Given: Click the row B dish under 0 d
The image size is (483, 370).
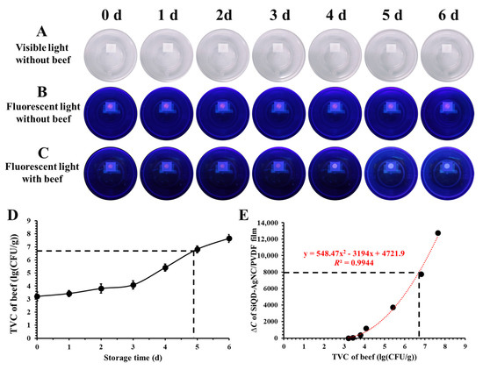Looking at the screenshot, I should click(113, 112).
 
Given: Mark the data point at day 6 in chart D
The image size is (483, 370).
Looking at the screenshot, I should click(229, 238).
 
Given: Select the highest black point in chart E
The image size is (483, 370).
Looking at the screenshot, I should click(437, 233).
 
